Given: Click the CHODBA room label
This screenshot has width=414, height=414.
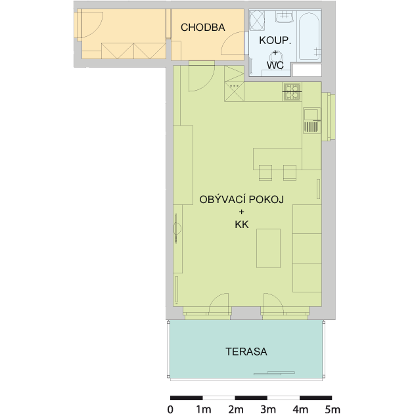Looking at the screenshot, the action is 203,28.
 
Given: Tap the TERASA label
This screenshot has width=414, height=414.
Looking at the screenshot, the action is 246,352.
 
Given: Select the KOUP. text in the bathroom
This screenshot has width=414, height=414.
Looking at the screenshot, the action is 275,40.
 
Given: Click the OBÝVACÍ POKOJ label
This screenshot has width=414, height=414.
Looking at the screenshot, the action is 242,199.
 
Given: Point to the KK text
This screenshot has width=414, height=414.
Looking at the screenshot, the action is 242,225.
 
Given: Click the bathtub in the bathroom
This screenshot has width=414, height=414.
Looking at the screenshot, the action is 309,36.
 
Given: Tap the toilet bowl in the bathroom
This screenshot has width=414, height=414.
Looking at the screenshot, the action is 276,57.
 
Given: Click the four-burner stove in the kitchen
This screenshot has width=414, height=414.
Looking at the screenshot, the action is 292,92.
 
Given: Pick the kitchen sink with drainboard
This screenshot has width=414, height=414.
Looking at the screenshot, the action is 312,120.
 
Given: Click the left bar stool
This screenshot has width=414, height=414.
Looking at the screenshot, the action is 265,173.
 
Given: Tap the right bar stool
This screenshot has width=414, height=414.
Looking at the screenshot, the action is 290,173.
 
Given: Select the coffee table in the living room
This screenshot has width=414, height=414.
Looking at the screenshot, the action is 268,248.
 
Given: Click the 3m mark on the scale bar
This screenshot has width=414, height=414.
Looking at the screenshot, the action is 268,409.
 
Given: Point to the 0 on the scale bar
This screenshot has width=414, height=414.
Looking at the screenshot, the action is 171,409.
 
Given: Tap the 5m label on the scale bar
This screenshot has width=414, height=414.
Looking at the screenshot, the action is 332,409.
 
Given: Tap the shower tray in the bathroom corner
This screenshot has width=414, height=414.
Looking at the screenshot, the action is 257,20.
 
